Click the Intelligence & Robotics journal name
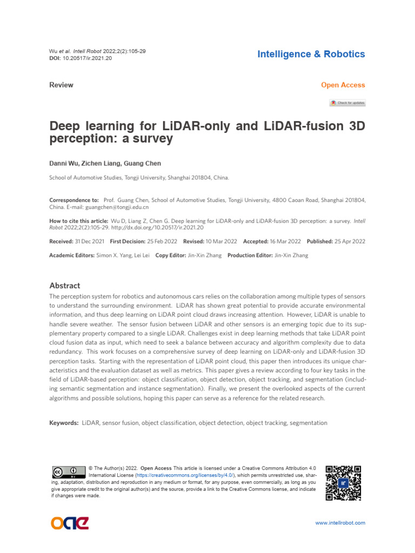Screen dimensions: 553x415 pyautogui.click(x=311, y=54)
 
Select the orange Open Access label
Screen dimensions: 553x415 pyautogui.click(x=343, y=85)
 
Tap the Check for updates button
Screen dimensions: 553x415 pyautogui.click(x=347, y=103)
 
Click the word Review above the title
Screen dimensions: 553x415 pyautogui.click(x=61, y=85)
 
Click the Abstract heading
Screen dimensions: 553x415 pyautogui.click(x=64, y=286)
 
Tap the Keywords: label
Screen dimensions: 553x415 pyautogui.click(x=64, y=423)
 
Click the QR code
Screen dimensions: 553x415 pyautogui.click(x=343, y=483)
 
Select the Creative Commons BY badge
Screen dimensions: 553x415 pyautogui.click(x=69, y=472)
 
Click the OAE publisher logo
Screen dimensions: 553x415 pyautogui.click(x=70, y=523)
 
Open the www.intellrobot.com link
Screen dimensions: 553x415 pyautogui.click(x=340, y=523)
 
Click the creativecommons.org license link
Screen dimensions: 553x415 pyautogui.click(x=185, y=475)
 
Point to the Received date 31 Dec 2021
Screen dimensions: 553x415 pyautogui.click(x=90, y=241)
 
